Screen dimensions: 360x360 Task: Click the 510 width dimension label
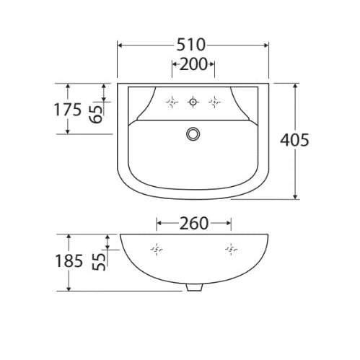pos(193,44)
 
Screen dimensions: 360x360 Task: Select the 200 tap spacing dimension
pos(193,65)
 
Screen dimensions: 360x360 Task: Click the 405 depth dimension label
pos(296,140)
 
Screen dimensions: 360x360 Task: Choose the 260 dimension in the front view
pos(193,223)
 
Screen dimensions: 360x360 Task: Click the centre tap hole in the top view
pos(193,102)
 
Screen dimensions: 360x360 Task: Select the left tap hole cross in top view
pos(172,102)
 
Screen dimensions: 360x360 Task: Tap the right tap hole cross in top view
pos(214,102)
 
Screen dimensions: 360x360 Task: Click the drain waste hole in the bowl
pos(193,133)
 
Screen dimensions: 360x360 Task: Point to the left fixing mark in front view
pos(156,250)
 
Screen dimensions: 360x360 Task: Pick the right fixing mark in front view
pos(230,250)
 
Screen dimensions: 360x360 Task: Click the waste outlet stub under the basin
pos(193,287)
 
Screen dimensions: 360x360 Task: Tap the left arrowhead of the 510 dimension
pos(120,44)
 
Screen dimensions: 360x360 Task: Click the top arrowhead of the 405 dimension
pos(295,84)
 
